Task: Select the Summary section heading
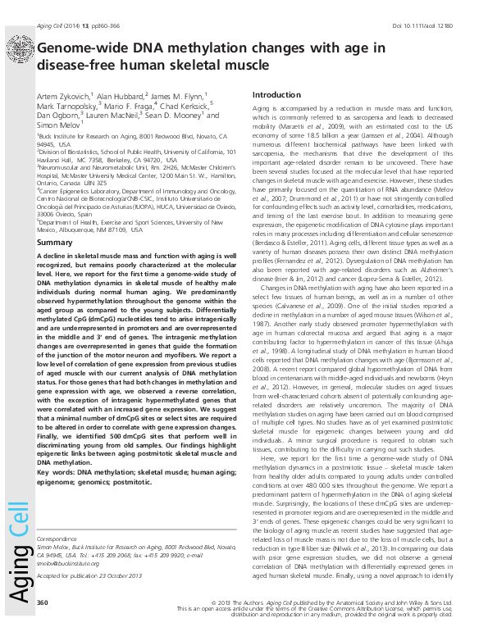(56, 220)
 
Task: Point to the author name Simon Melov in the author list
(59, 127)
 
